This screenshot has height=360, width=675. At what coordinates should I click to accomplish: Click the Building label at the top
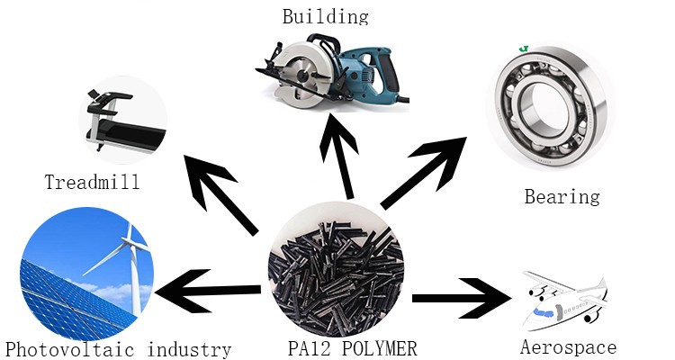pyautogui.click(x=326, y=16)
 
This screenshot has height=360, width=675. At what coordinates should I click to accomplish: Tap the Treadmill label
pyautogui.click(x=92, y=182)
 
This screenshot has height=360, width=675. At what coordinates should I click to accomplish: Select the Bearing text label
pyautogui.click(x=562, y=197)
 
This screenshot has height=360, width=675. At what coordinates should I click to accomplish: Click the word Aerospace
pyautogui.click(x=568, y=347)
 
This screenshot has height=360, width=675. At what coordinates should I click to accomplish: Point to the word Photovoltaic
pyautogui.click(x=69, y=349)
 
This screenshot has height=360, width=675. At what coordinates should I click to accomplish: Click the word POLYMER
pyautogui.click(x=380, y=348)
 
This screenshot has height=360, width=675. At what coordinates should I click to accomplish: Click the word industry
pyautogui.click(x=189, y=349)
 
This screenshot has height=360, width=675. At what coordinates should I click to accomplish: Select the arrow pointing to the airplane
pyautogui.click(x=462, y=298)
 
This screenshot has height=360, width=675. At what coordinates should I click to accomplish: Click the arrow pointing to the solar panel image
pyautogui.click(x=208, y=291)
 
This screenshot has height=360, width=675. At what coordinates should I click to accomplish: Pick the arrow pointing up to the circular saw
pyautogui.click(x=340, y=156)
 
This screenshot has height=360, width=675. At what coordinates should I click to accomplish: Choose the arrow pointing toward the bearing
pyautogui.click(x=424, y=173)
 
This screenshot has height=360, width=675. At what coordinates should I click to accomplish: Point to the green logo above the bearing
pyautogui.click(x=524, y=49)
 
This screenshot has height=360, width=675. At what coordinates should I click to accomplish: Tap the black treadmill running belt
pyautogui.click(x=129, y=136)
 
